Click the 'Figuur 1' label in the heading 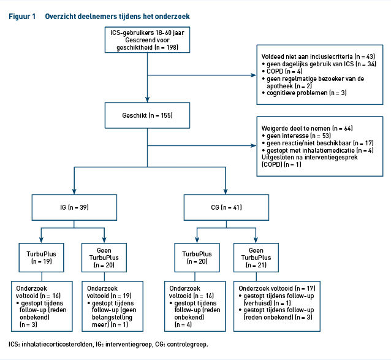click(x=22, y=17)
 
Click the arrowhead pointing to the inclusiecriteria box click(x=254, y=75)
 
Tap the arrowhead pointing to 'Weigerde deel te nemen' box click(x=254, y=146)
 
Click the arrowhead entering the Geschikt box click(x=147, y=99)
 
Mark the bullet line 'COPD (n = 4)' click(x=283, y=71)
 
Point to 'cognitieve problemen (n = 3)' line click(x=304, y=93)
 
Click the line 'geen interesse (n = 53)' click(x=297, y=136)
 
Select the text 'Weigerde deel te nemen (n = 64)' click(x=307, y=128)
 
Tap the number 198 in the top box click(x=172, y=47)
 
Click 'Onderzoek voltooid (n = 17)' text click(x=277, y=288)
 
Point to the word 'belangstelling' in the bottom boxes click(x=112, y=317)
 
